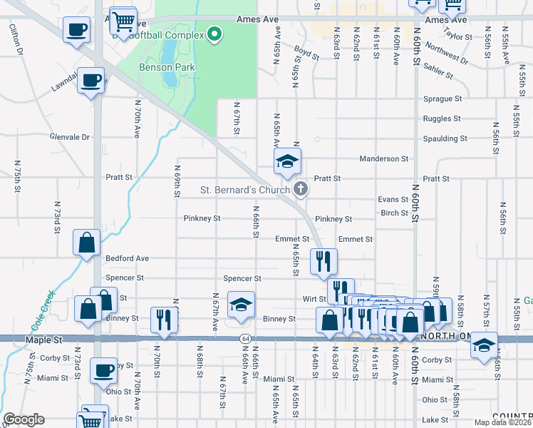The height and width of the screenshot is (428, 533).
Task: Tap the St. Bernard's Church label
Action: [x=244, y=190]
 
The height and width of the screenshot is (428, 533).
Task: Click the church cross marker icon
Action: [x=301, y=189]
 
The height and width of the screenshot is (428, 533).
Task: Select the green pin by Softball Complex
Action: [x=214, y=34]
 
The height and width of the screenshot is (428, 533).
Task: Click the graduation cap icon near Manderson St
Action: [x=286, y=161]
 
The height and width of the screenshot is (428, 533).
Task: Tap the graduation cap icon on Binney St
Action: [x=241, y=305]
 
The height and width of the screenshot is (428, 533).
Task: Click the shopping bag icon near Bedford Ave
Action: [x=86, y=242]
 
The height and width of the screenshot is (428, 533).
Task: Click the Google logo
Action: [x=23, y=419]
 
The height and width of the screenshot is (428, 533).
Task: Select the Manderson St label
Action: [x=383, y=159]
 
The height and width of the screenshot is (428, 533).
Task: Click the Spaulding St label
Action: [x=445, y=138]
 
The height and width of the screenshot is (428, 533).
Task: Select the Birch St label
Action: [x=393, y=213]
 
